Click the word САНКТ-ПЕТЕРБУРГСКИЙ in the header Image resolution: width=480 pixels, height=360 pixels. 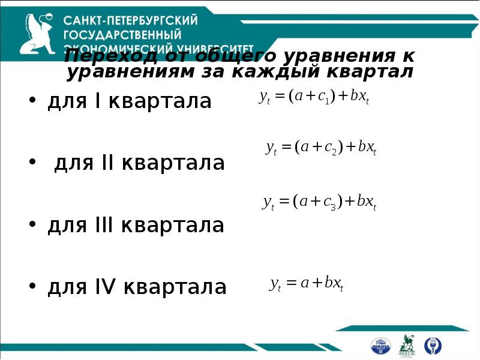[x=130, y=20]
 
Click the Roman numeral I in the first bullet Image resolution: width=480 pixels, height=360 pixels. [x=97, y=101]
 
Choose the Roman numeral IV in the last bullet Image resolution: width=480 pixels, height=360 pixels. [x=106, y=287]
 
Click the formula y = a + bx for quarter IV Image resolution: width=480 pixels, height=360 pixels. [x=306, y=283]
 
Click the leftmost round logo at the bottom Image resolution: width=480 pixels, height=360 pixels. [x=380, y=345]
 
